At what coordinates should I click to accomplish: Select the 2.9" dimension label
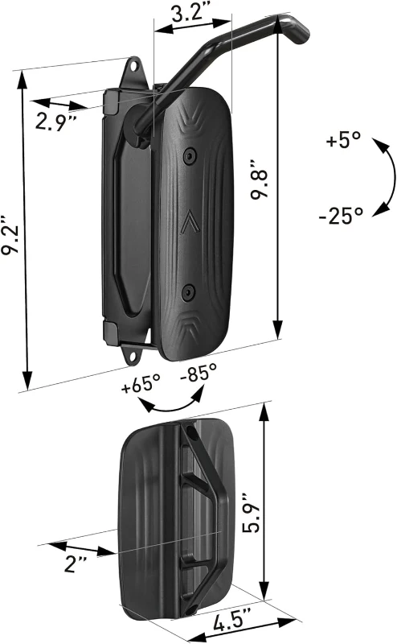pyautogui.click(x=55, y=122)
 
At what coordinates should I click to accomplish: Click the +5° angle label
pyautogui.click(x=345, y=140)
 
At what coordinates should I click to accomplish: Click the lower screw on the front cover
pyautogui.click(x=187, y=291)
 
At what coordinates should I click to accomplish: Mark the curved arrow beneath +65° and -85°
pyautogui.click(x=170, y=405)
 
